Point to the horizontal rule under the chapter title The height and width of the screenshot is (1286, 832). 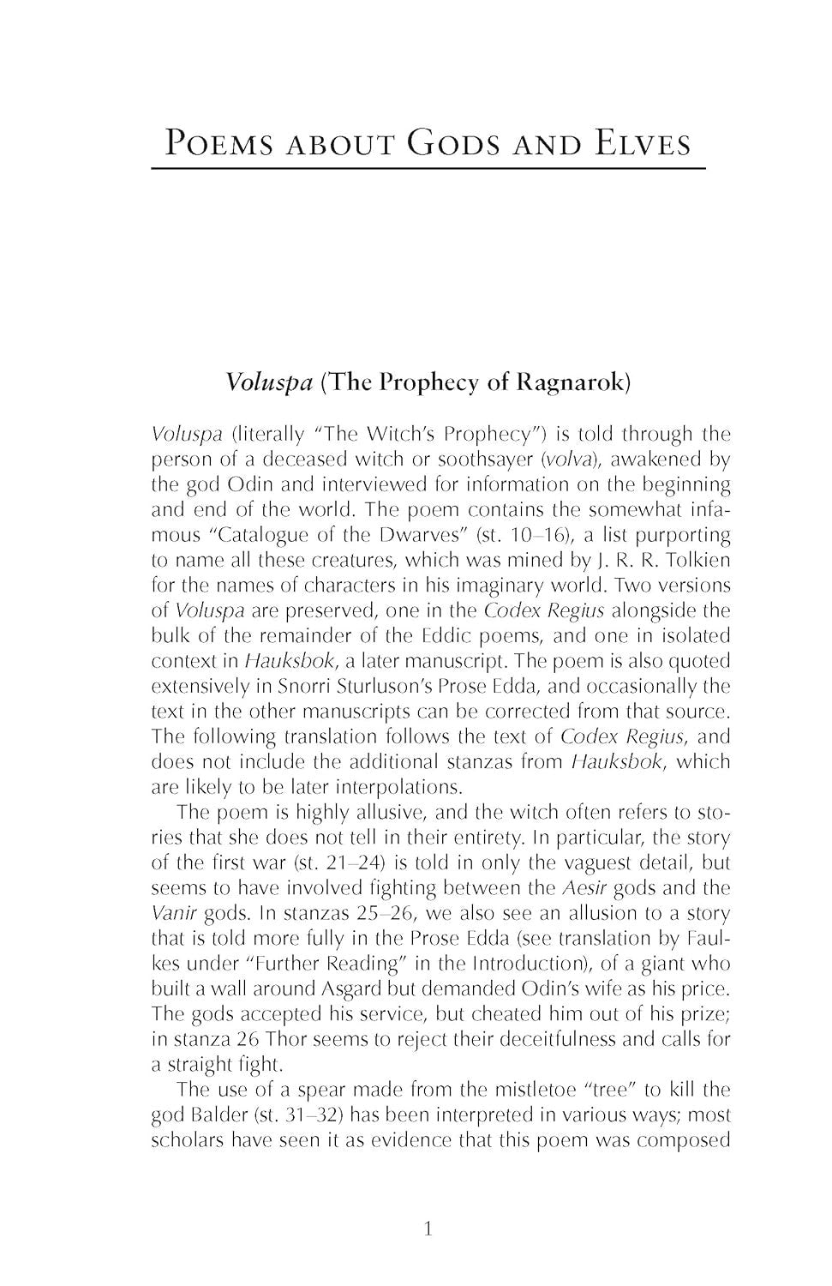pos(428,169)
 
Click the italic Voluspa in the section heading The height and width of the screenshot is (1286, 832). pos(268,382)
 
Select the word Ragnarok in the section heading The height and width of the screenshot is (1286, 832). pos(572,382)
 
